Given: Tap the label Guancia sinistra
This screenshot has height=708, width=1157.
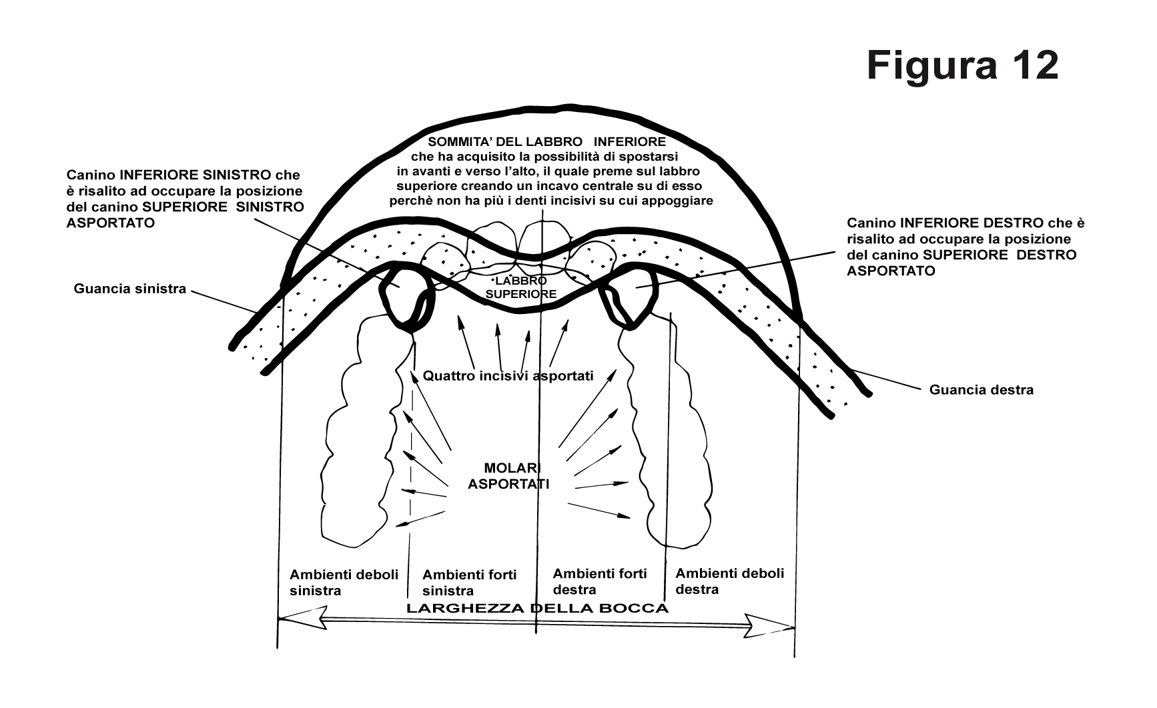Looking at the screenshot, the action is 130,289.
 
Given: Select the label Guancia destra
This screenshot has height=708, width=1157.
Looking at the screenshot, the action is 982,390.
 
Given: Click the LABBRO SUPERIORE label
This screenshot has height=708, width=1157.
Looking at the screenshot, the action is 521,287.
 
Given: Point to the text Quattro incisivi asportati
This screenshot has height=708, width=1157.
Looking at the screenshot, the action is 508,376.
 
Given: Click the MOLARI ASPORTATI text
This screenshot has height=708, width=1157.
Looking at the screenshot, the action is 508,476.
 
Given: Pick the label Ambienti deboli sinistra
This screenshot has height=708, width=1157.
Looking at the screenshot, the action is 344,582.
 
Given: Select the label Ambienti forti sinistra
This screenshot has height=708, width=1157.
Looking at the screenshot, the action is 470,583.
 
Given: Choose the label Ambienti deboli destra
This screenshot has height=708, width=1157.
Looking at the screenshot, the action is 730,581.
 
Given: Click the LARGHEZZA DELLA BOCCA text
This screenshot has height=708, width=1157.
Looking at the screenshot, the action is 537,609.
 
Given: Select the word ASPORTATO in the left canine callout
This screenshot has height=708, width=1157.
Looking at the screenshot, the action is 111,223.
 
